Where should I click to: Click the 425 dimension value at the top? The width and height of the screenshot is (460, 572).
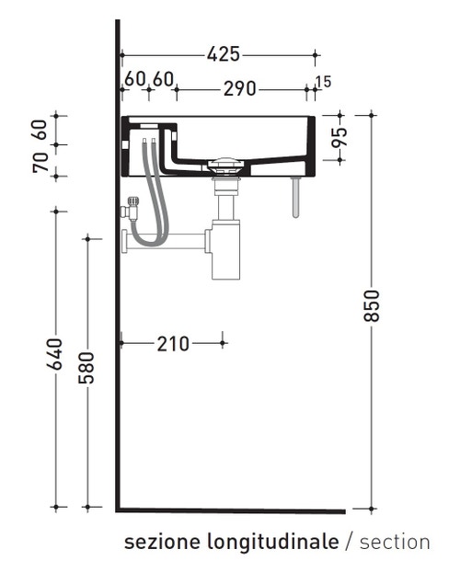[x=223, y=55]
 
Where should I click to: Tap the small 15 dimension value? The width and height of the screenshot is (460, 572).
[x=323, y=83]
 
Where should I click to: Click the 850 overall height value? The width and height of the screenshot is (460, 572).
[x=372, y=306]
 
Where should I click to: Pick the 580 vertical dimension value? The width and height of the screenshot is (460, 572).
[x=87, y=369]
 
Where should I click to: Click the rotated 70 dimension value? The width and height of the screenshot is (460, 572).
[x=40, y=163]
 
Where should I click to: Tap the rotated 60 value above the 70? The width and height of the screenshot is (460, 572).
[x=40, y=130]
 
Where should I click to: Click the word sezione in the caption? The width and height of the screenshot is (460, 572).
[x=153, y=542]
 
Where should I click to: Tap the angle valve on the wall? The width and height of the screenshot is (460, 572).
[x=130, y=209]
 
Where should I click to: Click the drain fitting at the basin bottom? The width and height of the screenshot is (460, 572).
[x=224, y=168]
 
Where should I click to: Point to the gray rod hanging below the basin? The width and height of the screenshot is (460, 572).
[x=296, y=198]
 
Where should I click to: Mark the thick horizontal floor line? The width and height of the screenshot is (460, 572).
[x=230, y=510]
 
